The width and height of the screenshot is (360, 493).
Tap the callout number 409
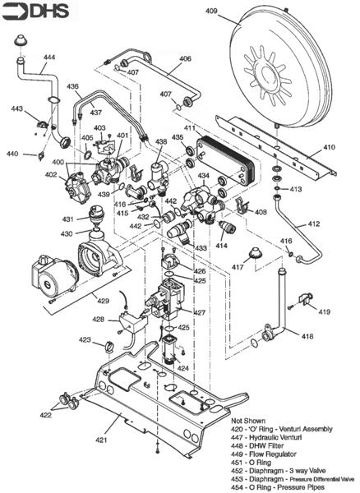[211, 11]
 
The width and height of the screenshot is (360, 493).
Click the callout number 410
[329, 148]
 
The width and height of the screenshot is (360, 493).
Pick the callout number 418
[307, 336]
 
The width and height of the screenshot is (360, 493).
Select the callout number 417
[238, 267]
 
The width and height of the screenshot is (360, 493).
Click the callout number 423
[85, 339]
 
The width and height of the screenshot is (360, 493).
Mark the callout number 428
[98, 319]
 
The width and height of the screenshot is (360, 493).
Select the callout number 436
[73, 86]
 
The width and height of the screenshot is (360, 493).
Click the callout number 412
[313, 223]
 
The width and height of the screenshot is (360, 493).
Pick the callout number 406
[185, 59]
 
